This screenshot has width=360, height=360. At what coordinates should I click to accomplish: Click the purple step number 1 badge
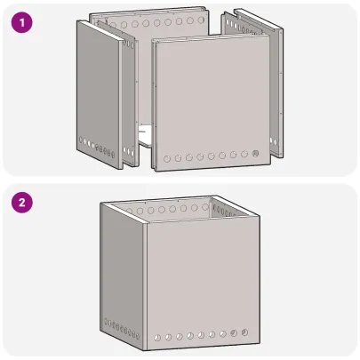(x=20, y=20)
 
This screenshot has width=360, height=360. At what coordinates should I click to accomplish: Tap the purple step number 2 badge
(x=20, y=202)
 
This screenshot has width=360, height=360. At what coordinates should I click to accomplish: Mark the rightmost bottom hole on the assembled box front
(x=245, y=332)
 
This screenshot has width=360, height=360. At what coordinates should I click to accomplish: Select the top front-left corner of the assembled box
(x=142, y=226)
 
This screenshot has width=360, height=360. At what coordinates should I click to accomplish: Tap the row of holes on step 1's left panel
(x=96, y=148)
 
